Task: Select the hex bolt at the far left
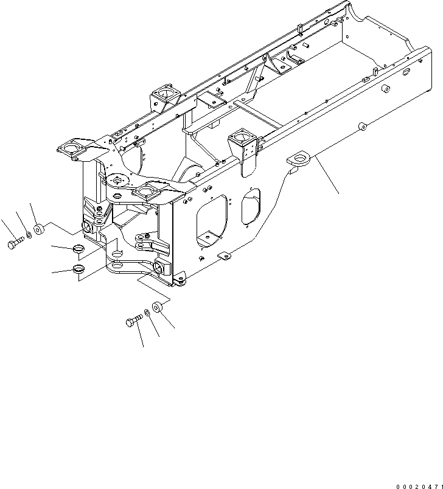[x=15, y=244]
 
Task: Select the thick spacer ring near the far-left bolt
[x=38, y=230]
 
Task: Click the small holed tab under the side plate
[x=223, y=256]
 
